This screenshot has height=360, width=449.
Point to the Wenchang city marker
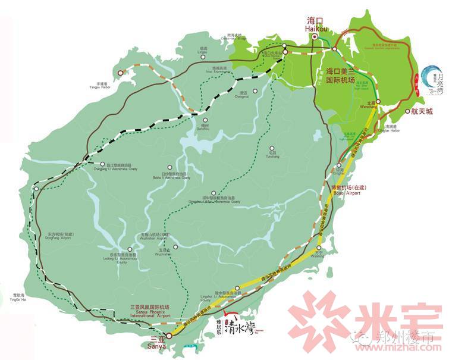(378, 102)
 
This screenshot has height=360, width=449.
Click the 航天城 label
(422, 111)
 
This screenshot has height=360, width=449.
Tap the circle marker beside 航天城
(406, 111)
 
